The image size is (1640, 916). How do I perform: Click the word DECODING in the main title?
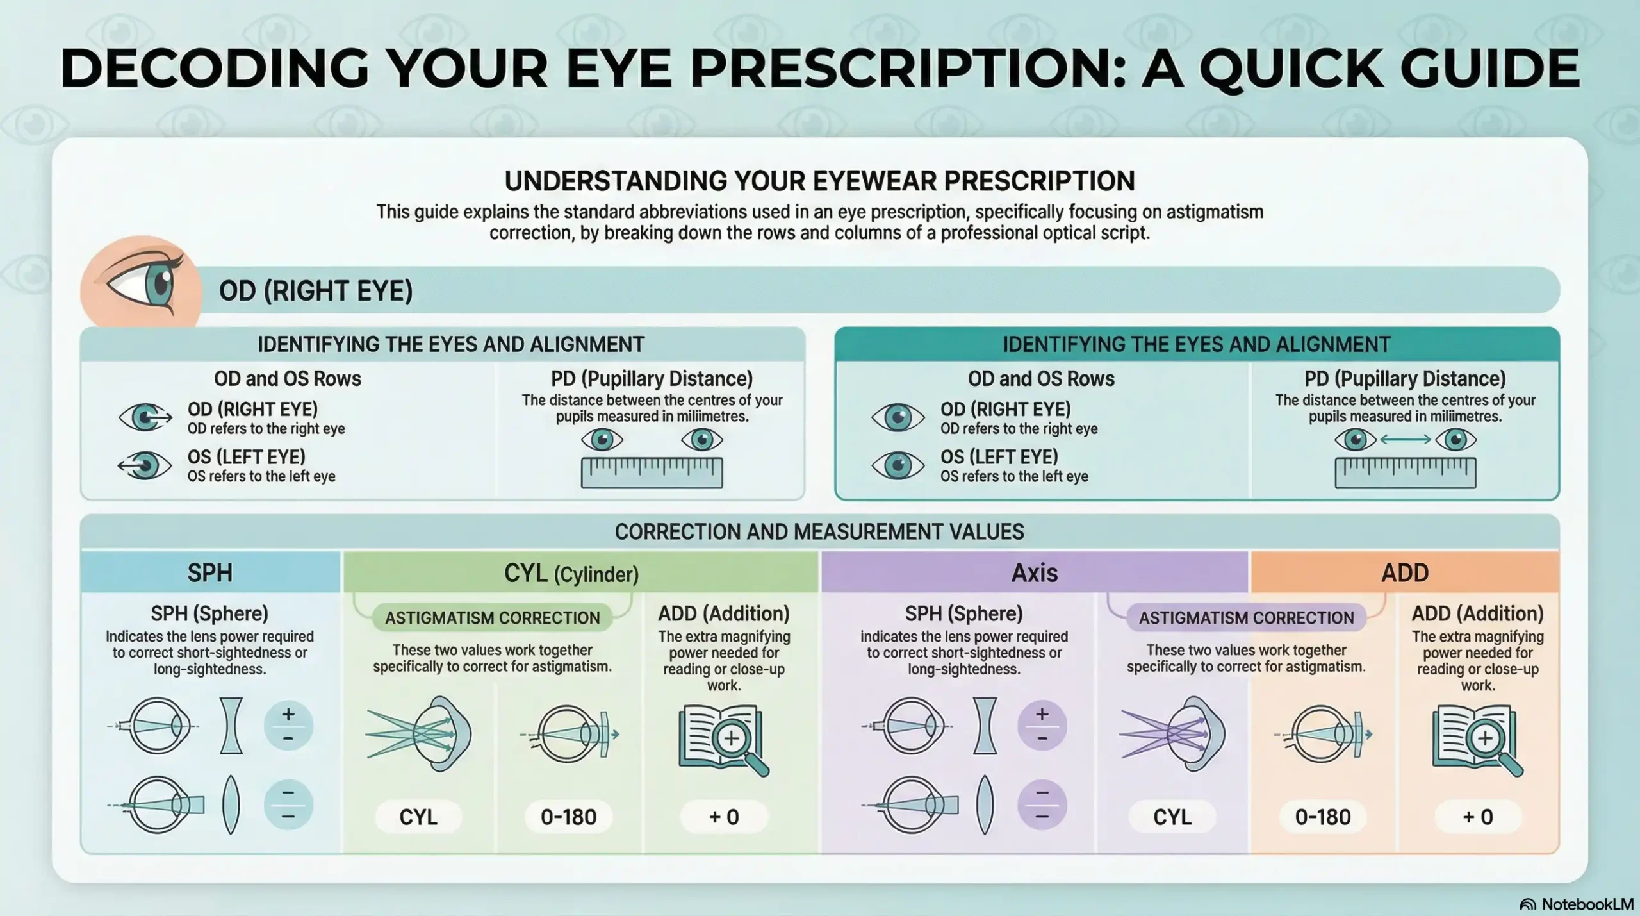(x=215, y=68)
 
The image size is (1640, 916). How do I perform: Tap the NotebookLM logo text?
(x=1587, y=904)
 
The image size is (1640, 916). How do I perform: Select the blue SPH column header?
(x=210, y=572)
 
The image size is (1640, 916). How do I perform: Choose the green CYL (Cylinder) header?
(x=571, y=573)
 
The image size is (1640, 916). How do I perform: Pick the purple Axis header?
(x=1034, y=572)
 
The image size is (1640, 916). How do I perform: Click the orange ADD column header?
(x=1404, y=572)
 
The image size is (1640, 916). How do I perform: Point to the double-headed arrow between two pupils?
(x=1405, y=440)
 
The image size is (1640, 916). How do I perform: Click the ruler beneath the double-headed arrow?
(x=1405, y=473)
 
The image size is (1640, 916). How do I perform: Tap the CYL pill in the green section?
(x=418, y=817)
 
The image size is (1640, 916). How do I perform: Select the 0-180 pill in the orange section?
(x=1323, y=817)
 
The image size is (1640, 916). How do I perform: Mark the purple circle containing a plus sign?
(x=1042, y=726)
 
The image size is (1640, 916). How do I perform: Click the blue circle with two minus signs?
(x=288, y=804)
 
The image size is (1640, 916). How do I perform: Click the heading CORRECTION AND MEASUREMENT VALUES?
(x=819, y=531)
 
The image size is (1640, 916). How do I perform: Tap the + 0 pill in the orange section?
(x=1478, y=817)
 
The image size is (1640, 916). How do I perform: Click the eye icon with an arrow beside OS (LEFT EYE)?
(x=145, y=465)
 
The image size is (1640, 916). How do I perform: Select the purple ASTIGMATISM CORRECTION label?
(x=1246, y=618)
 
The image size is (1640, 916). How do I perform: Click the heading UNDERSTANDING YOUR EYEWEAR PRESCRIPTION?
(x=819, y=181)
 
